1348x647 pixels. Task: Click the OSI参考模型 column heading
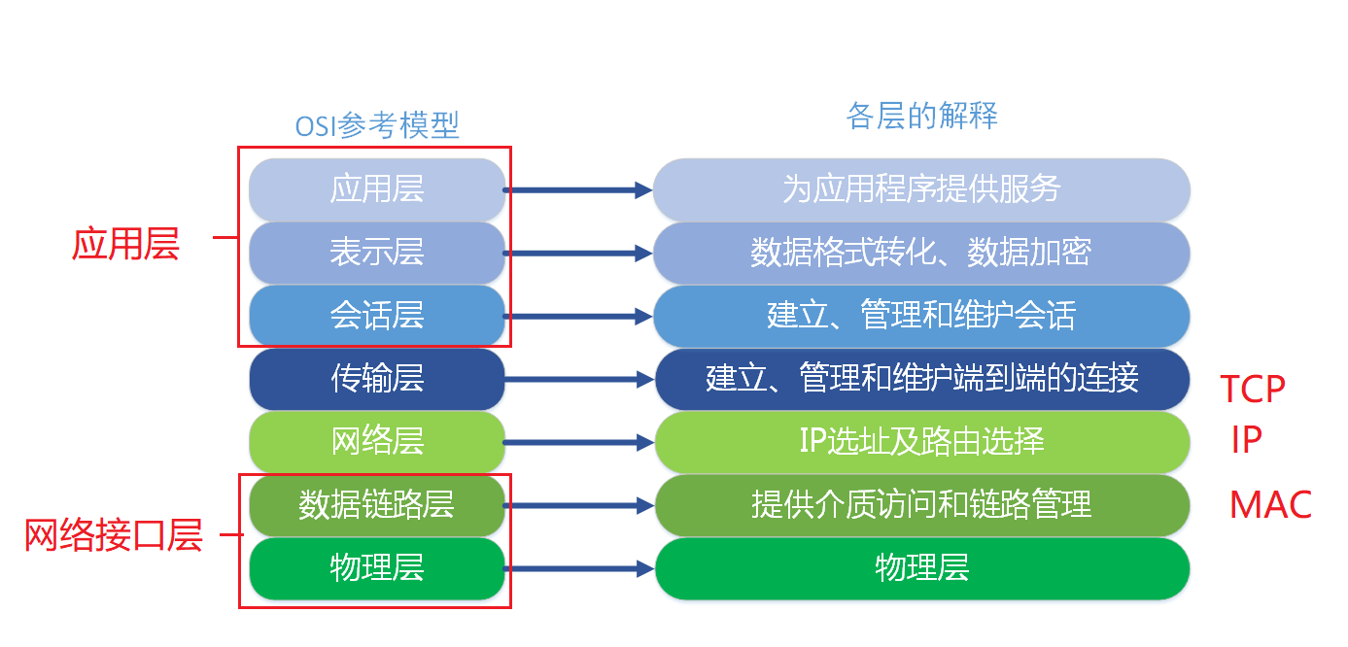[x=377, y=124]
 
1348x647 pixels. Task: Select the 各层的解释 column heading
[x=921, y=117]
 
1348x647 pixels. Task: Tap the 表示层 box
[x=377, y=253]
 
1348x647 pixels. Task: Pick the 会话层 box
[x=377, y=316]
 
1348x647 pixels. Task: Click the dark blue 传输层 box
[x=377, y=378]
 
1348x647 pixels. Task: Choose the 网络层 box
[x=377, y=441]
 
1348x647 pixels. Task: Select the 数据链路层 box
[x=377, y=504]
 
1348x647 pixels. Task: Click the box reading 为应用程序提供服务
[x=921, y=188]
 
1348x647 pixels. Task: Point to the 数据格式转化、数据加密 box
[x=921, y=253]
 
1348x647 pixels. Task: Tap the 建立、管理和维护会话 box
[x=921, y=316]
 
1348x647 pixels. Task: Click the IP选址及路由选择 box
[x=921, y=441]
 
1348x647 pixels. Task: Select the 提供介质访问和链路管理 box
[x=921, y=504]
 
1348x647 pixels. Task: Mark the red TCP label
[x=1253, y=389]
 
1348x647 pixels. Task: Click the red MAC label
[x=1270, y=505]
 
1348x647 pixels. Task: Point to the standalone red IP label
[x=1246, y=440]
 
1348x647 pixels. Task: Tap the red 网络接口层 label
[x=113, y=535]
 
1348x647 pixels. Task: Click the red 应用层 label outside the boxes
[x=125, y=245]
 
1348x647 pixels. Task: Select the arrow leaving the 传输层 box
[x=579, y=379]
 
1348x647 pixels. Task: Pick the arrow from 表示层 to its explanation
[x=579, y=254]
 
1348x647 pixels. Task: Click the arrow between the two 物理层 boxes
[x=579, y=568]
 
